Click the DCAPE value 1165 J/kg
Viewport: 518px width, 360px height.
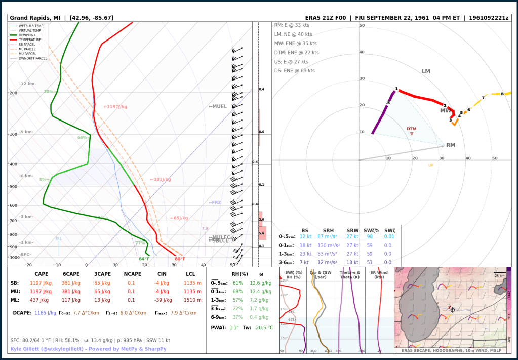tap(45, 313)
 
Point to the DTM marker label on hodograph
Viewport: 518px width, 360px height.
tap(411, 129)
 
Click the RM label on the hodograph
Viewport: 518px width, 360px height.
tap(450, 145)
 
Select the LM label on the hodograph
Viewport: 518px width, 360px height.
tap(426, 71)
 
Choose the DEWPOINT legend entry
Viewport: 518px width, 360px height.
tap(29, 35)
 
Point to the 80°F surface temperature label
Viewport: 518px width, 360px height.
tap(180, 259)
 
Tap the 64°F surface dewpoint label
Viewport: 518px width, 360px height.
tap(144, 259)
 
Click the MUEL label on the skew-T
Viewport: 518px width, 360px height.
tap(218, 107)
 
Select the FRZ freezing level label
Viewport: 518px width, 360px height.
tap(215, 203)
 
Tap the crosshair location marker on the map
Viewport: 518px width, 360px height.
tap(453, 310)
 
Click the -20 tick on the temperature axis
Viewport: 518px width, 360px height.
tap(28, 265)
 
